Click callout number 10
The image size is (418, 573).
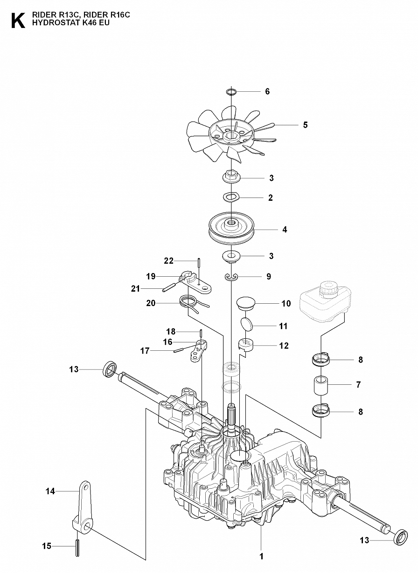click(x=286, y=304)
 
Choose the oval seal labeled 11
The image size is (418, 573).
click(x=247, y=325)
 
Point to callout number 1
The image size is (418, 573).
click(x=262, y=556)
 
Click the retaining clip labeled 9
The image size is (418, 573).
click(x=231, y=278)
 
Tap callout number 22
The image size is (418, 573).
click(x=168, y=260)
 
